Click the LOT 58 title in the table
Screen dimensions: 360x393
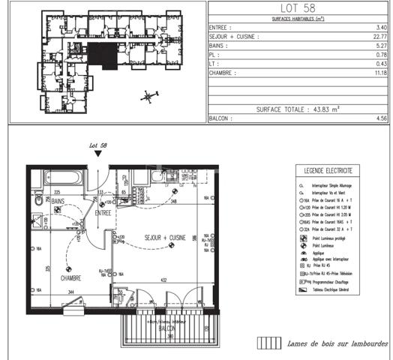pos(298,8)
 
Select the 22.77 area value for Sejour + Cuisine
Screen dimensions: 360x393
pos(379,35)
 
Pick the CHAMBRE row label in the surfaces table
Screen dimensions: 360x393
pos(223,73)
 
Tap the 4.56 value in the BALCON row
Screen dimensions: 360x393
pos(380,118)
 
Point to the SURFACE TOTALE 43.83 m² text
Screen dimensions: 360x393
pos(298,108)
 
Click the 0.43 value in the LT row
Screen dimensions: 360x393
pos(380,64)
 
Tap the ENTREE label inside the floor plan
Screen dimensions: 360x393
pos(102,213)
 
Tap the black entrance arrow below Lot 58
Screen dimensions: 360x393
pos(97,154)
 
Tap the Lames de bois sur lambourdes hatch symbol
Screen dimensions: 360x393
pos(266,343)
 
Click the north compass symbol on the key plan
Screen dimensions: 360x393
pos(149,95)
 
